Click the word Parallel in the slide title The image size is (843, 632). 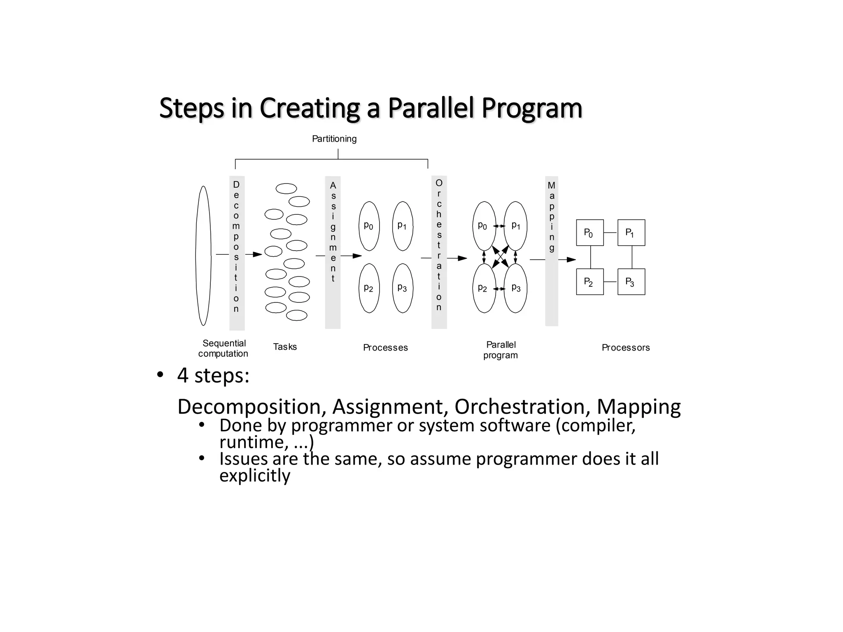[x=431, y=108]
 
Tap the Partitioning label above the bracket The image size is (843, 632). [x=334, y=139]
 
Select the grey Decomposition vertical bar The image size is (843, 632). [x=237, y=253]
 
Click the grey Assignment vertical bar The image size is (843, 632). [x=333, y=253]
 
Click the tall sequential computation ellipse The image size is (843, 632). [x=203, y=256]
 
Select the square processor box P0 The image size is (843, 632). [x=589, y=233]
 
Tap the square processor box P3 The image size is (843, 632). [x=631, y=282]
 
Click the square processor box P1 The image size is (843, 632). [x=631, y=233]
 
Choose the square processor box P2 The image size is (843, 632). [x=589, y=282]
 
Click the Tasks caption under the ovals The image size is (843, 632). [x=285, y=347]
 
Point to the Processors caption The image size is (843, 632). [x=625, y=348]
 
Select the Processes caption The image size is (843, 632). [x=385, y=348]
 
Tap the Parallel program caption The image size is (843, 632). [x=501, y=350]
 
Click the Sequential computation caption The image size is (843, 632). [x=224, y=348]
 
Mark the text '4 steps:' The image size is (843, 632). [x=213, y=375]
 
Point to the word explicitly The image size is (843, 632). [x=255, y=476]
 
